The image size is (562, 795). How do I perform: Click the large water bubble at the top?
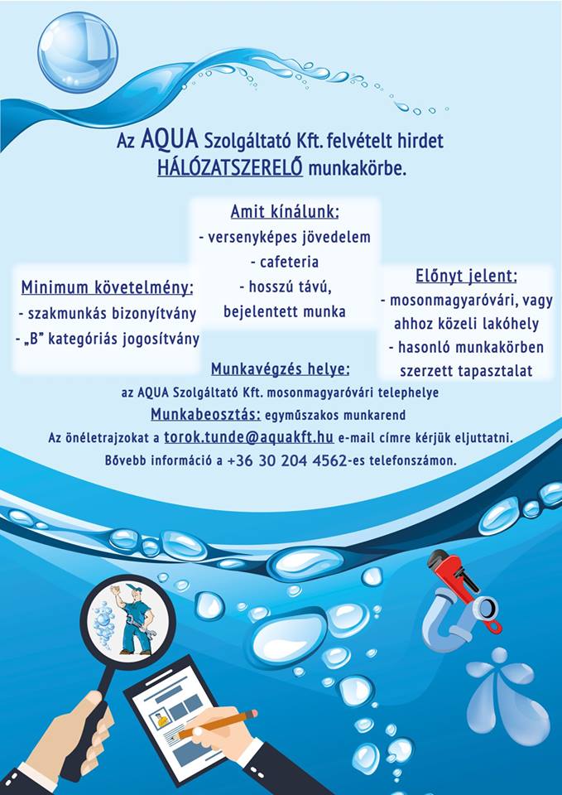point(78,51)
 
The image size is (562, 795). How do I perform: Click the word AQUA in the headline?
point(169,140)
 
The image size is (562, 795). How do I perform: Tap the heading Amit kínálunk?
point(285,211)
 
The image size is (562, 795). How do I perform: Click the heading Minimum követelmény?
point(108,287)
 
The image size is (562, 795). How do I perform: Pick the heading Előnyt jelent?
point(466,276)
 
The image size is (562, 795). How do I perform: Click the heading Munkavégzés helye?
point(280,369)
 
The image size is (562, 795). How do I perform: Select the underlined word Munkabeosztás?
point(206,414)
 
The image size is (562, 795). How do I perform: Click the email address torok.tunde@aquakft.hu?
point(248,436)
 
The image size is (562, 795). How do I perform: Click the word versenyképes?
point(247,238)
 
